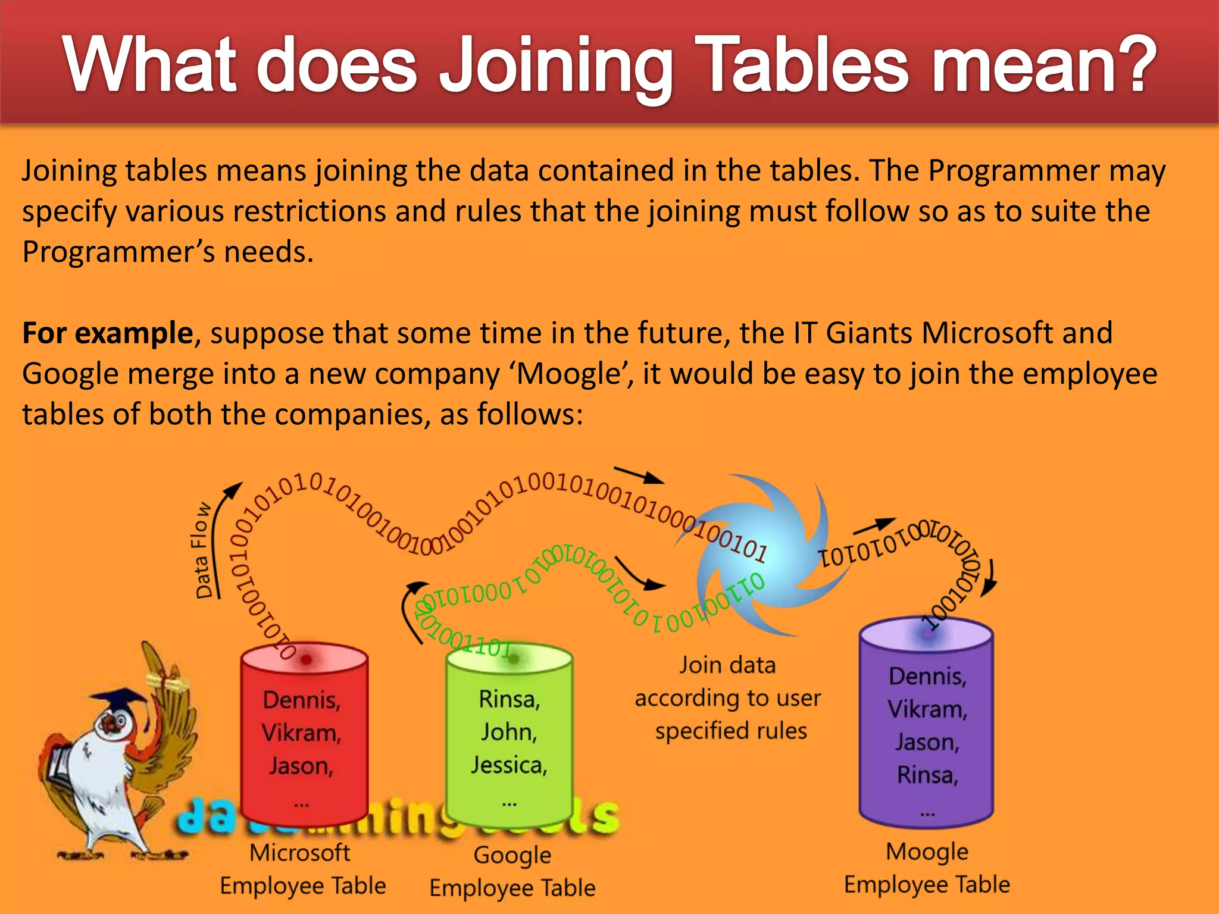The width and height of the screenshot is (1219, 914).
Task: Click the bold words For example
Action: [x=107, y=333]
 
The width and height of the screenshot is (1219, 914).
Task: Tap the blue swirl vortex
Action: [x=768, y=553]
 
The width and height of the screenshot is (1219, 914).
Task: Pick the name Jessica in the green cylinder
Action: [x=509, y=765]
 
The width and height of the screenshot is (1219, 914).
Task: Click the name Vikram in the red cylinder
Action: [x=301, y=733]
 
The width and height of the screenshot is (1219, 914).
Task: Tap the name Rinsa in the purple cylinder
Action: [x=927, y=775]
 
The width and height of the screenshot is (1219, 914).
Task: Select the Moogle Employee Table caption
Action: [x=927, y=868]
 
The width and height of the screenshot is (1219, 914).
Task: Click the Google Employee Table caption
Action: [x=512, y=871]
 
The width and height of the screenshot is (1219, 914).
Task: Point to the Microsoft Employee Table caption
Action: [x=302, y=869]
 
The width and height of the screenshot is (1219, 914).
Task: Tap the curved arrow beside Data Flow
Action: [x=224, y=524]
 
